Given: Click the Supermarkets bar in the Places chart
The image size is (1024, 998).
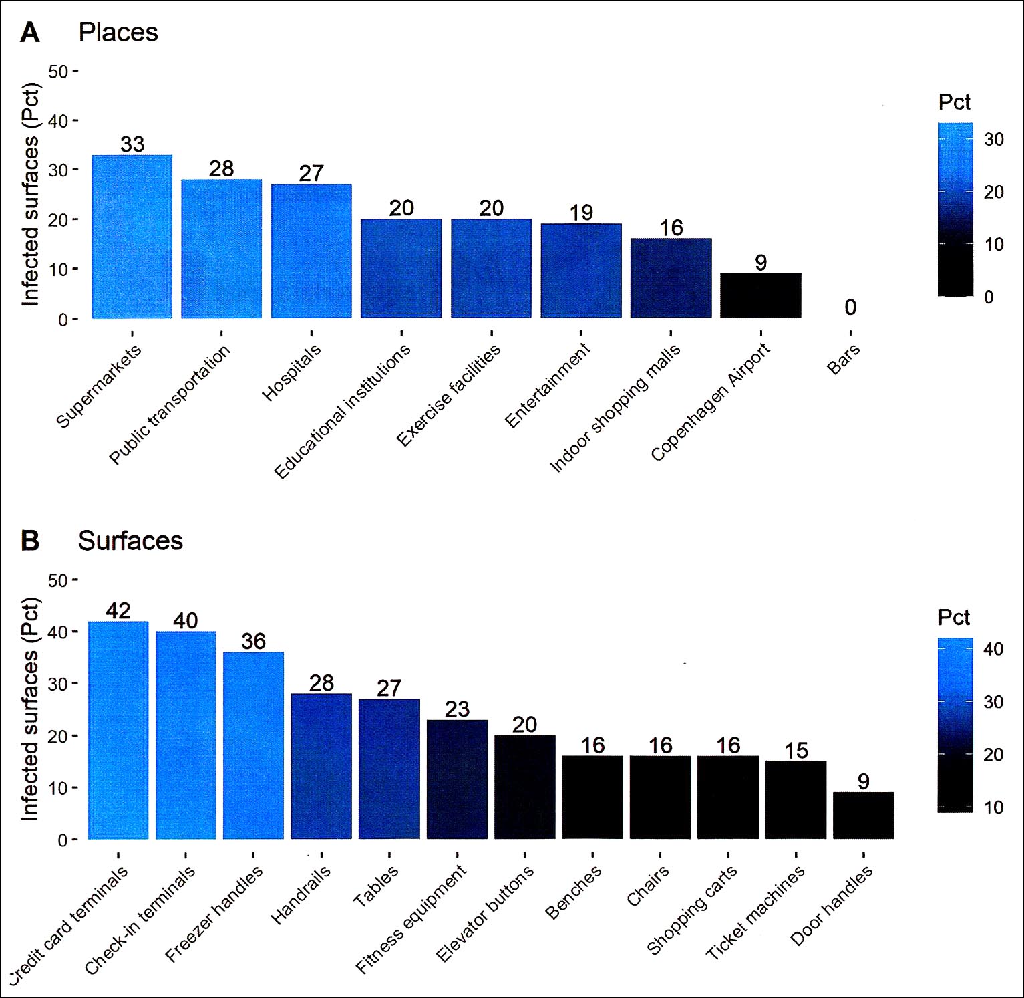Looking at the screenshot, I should click(x=132, y=237).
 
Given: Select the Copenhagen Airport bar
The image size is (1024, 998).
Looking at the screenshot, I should click(x=761, y=295).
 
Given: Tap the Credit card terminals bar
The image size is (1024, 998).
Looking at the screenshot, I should click(x=118, y=730).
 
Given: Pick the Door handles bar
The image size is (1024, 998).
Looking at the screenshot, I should click(x=863, y=816).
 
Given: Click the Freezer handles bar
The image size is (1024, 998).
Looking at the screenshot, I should click(x=253, y=745).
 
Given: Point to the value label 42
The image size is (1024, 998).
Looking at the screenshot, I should click(x=118, y=611).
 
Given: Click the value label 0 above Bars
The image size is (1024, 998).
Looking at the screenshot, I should click(x=850, y=307).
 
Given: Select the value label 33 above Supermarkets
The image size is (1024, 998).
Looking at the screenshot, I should click(x=132, y=144).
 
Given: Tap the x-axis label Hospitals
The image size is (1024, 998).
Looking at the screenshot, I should click(x=291, y=373).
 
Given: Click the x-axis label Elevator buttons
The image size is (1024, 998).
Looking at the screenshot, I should click(x=485, y=913).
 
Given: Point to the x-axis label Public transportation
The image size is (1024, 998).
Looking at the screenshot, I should click(x=170, y=405).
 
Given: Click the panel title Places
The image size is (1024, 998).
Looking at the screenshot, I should click(x=118, y=33).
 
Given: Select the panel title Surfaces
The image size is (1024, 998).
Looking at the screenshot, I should click(x=130, y=541).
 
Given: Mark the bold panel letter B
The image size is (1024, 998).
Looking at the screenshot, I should click(x=30, y=541).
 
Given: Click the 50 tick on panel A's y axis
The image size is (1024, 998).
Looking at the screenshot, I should click(x=58, y=72).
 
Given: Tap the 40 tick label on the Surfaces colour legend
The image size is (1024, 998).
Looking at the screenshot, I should click(x=993, y=649).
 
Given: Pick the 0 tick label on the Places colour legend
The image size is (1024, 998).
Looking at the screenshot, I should click(x=989, y=297).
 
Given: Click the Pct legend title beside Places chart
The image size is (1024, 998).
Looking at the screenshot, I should click(x=954, y=102).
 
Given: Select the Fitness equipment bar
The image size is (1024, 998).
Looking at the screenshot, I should click(x=457, y=779).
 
